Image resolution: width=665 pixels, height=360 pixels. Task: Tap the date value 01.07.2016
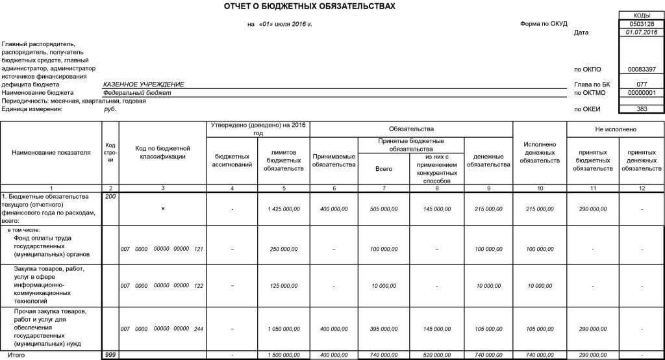pos(642,32)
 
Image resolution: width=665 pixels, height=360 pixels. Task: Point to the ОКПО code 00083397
pos(642,69)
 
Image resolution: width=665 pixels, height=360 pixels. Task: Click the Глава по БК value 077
pos(642,84)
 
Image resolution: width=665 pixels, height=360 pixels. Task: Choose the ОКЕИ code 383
pos(642,109)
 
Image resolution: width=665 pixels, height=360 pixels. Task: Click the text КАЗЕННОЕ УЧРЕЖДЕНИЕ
pos(144,84)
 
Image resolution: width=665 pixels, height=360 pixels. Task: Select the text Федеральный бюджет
pos(137,92)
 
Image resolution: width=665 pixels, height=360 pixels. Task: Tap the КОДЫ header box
pos(642,15)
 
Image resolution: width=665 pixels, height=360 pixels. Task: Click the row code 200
pos(110,196)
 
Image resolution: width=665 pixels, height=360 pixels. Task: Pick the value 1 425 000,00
pos(283,209)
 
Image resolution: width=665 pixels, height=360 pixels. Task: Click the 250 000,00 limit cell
pos(283,249)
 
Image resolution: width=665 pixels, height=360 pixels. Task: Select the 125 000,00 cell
pos(283,285)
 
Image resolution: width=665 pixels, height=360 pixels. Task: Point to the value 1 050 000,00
pos(283,329)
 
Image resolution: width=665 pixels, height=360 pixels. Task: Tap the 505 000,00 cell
pos(384,209)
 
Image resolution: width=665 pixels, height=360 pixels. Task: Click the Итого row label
pos(12,355)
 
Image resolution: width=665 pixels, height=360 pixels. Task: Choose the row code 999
pos(110,355)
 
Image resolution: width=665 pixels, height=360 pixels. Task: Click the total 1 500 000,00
pos(283,355)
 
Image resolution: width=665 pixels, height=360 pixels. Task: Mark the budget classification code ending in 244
pos(162,329)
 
